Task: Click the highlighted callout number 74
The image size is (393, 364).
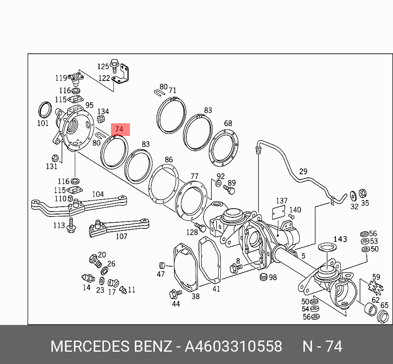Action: [119, 129]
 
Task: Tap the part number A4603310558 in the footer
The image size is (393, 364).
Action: [233, 346]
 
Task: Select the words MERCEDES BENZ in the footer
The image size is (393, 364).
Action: [111, 346]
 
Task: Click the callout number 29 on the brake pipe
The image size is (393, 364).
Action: [303, 171]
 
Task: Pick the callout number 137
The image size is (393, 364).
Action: [282, 201]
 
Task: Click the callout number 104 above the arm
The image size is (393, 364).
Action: [98, 194]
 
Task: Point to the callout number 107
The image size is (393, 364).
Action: [121, 236]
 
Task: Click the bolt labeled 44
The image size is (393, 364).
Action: [173, 294]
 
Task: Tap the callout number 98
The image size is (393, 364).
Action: [273, 278]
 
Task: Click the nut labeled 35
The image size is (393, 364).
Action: [363, 193]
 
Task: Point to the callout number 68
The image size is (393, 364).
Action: [228, 123]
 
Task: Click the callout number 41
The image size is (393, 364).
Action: [216, 289]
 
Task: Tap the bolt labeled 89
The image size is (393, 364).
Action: [229, 190]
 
